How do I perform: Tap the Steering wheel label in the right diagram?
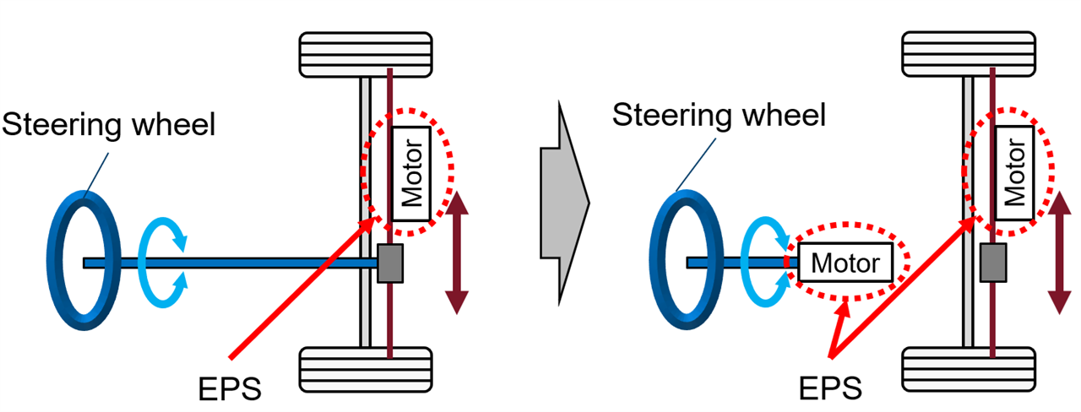pos(718,113)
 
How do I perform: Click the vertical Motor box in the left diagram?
pos(412,173)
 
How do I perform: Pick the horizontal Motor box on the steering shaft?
pos(845,263)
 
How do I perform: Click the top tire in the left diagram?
pos(367,54)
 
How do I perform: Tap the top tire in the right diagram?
pos(969,54)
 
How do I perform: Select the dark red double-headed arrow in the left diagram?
pos(457,252)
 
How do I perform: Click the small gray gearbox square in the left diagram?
pos(389,263)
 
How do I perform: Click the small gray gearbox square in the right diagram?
pos(991,263)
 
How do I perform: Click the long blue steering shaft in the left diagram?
pos(253,263)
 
